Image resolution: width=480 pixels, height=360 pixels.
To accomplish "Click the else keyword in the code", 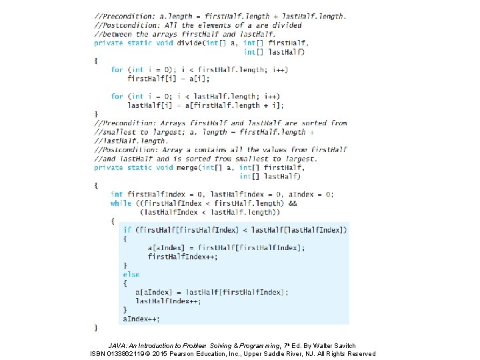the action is coord(131,274).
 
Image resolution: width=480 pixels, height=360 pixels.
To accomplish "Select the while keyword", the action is coord(121,203).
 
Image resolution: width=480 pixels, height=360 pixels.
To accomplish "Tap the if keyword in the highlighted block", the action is coord(127,230).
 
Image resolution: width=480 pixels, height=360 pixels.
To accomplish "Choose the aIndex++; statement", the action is coord(141,319).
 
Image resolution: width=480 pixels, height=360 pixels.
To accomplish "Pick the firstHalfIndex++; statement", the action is coord(182,257).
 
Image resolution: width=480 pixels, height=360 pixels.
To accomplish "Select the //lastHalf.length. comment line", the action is coord(131,141).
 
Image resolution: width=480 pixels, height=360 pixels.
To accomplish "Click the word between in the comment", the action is coord(115,34).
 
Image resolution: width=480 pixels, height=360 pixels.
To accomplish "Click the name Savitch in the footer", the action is coord(343,346).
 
